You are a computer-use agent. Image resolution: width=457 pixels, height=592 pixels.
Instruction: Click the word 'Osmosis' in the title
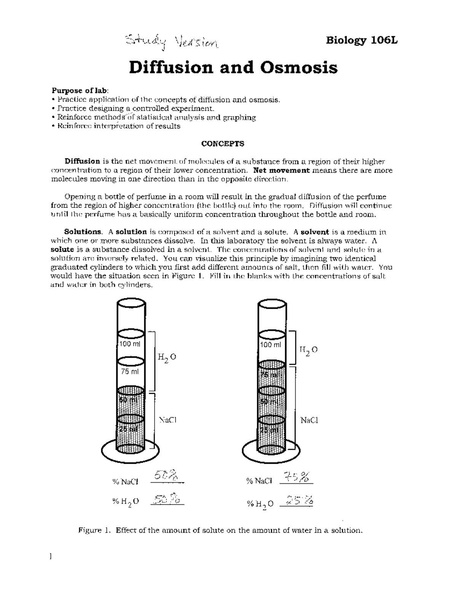(x=299, y=68)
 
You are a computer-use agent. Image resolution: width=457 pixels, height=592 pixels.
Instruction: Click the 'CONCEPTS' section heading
(x=223, y=144)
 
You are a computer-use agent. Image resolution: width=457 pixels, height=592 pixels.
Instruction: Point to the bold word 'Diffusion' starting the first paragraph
(x=82, y=161)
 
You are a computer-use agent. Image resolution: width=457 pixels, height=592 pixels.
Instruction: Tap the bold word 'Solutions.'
(x=83, y=232)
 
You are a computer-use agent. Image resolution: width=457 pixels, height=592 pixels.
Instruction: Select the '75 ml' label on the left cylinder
(x=130, y=372)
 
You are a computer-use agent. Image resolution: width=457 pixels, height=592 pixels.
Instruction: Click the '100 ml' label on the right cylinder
(x=270, y=345)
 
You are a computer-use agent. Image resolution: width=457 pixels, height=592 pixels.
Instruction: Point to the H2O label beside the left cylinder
(x=167, y=358)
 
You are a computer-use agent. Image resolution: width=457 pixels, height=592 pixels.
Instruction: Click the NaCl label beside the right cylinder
(x=309, y=420)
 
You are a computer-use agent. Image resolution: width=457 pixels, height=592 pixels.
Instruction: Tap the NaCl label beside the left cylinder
(x=168, y=420)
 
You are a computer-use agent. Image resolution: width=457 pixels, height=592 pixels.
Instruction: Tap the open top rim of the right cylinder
(x=272, y=305)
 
